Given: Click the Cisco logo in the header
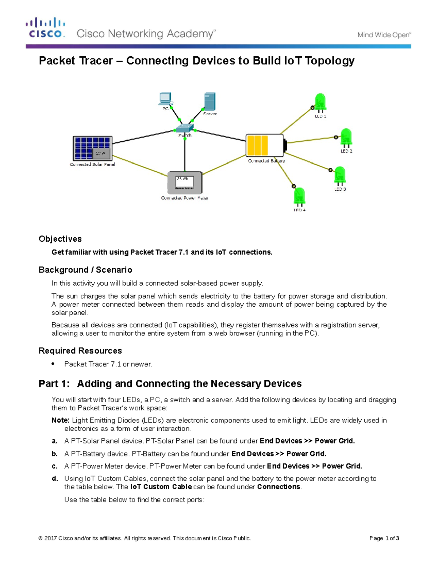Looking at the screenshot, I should click(x=45, y=28).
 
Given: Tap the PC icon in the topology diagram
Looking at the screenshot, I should click(x=165, y=99).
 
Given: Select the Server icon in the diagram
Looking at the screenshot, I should click(x=210, y=101).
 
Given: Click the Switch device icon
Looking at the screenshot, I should click(x=184, y=128).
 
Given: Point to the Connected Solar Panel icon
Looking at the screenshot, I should click(x=93, y=148).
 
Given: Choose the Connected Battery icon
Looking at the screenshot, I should click(x=266, y=146).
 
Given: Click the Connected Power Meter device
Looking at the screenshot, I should click(x=185, y=183).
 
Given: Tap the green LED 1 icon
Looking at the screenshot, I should click(x=320, y=103).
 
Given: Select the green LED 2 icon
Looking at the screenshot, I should click(x=346, y=138).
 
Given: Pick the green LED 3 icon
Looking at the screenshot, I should click(x=339, y=176).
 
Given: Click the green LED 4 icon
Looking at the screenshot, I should click(x=299, y=197).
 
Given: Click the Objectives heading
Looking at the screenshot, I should click(x=60, y=239).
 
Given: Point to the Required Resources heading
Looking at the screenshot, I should click(x=80, y=351).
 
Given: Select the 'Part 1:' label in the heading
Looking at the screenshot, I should click(x=54, y=384).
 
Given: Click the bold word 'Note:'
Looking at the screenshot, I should click(x=60, y=420).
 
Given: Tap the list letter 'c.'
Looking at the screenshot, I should click(x=55, y=466).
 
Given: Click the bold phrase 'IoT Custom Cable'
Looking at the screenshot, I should click(x=161, y=487).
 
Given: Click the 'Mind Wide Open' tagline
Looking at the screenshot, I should click(x=384, y=35).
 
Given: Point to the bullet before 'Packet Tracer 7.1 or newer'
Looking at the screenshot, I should click(x=53, y=364).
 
